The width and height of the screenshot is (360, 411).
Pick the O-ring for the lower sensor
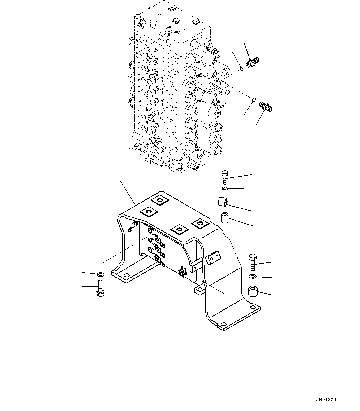click(253, 100)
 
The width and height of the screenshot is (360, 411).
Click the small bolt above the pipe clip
click(224, 176)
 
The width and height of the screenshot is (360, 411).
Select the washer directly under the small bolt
click(225, 189)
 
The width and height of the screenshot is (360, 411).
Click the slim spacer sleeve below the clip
click(224, 218)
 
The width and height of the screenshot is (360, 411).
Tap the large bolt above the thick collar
click(252, 262)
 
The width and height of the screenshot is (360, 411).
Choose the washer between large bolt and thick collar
click(253, 276)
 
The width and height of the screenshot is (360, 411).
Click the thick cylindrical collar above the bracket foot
click(253, 291)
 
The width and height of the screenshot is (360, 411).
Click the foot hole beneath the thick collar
click(253, 307)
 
